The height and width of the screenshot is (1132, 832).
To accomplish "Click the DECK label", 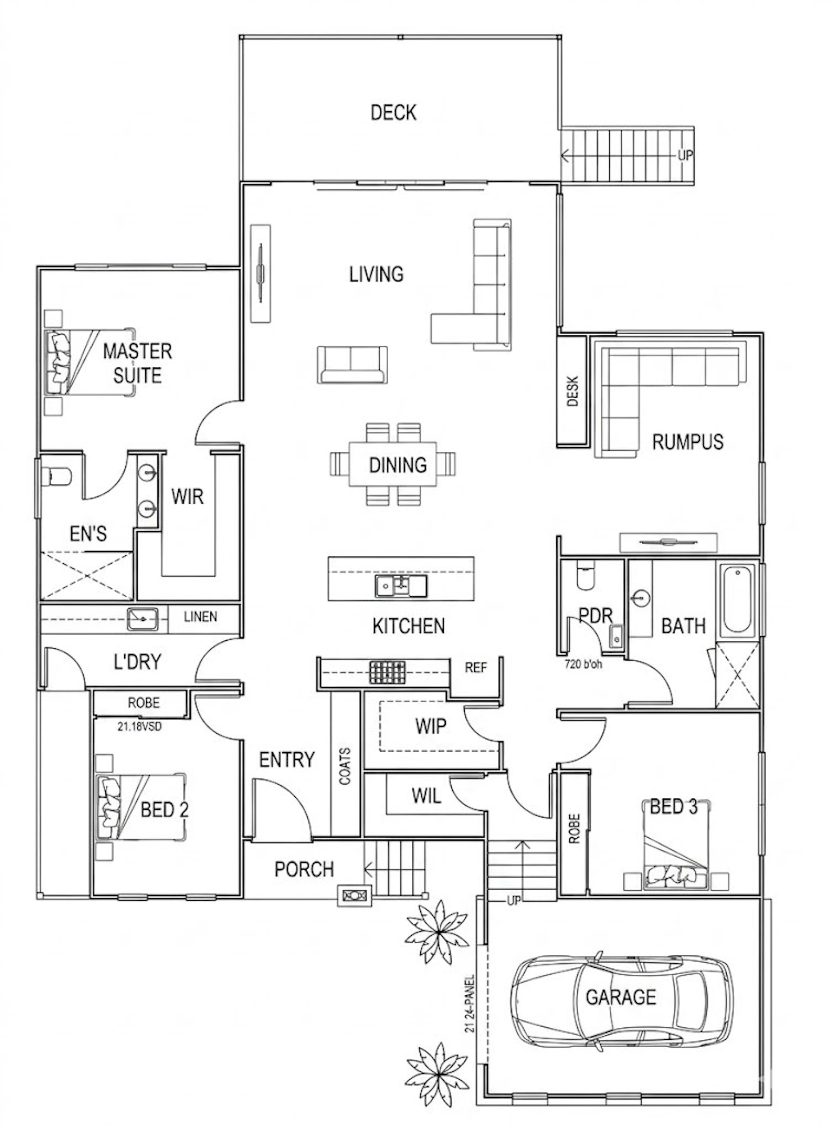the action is pos(393,112).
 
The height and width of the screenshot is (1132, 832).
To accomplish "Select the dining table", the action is pos(393,464).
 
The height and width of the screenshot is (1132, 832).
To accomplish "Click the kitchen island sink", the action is pos(401,586).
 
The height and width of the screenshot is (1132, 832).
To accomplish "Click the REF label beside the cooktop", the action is pos(476,668).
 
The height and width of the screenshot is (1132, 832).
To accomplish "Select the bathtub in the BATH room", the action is pos(738,599).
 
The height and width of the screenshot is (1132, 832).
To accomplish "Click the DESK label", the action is pos(573,391).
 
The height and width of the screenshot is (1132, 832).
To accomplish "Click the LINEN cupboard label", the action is pos(200,617).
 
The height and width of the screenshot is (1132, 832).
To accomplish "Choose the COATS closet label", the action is pos(345,766).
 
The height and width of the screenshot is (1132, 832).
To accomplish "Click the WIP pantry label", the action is pos(431,725).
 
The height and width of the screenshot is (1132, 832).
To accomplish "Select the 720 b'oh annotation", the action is pos(583,664).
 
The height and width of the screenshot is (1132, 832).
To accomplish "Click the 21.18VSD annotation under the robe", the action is pos(139,726).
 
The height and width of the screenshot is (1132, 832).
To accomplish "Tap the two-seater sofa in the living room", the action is pos(352,364).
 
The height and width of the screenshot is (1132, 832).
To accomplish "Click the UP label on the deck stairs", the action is pos(685,156).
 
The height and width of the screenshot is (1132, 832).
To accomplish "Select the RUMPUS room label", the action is pos(688,442).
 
